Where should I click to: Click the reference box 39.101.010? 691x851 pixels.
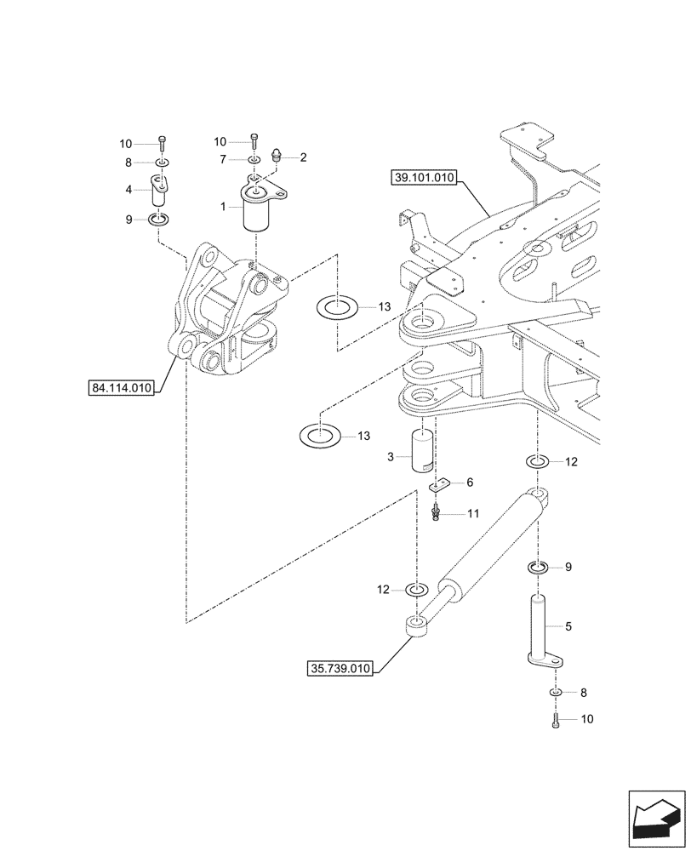(x=425, y=178)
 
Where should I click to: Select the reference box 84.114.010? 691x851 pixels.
(x=121, y=389)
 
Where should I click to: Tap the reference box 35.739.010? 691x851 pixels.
(x=340, y=669)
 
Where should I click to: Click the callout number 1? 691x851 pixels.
(x=223, y=207)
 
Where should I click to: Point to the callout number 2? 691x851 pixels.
(x=302, y=157)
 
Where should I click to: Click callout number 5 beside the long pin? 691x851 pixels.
(x=568, y=626)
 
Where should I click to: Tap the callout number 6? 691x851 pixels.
(x=469, y=483)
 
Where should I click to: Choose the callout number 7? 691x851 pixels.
(x=222, y=159)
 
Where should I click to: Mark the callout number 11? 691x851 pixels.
(x=473, y=514)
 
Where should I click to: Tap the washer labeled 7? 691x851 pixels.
(x=254, y=160)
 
